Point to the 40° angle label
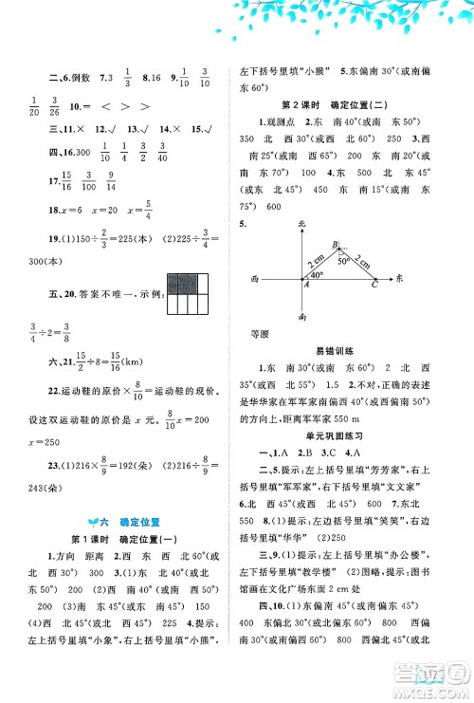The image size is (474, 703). click(x=316, y=275)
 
